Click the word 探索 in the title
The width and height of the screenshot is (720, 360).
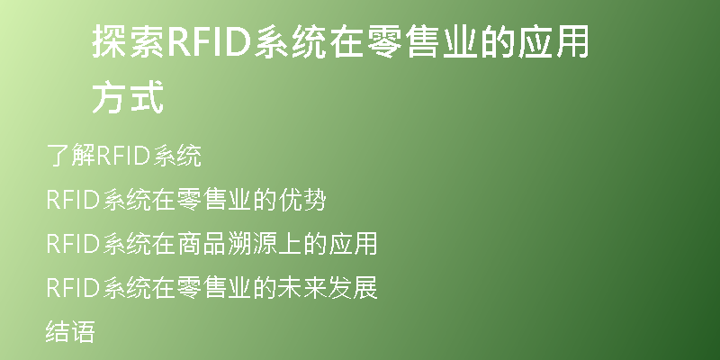click(129, 41)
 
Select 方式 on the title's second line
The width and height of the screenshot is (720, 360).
click(128, 97)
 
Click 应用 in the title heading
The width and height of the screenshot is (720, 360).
click(553, 41)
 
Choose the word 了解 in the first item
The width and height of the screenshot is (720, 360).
click(71, 155)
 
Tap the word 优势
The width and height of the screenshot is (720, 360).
click(302, 200)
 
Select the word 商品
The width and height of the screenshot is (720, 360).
click(201, 243)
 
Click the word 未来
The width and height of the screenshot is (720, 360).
click(302, 287)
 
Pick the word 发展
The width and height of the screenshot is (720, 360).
click(353, 287)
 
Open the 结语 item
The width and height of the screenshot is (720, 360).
click(71, 331)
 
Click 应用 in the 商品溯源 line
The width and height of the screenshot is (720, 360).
click(353, 243)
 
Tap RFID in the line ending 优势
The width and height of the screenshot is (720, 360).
click(74, 201)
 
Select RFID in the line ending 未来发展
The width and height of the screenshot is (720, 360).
click(74, 288)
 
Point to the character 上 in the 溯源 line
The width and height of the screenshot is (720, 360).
click(289, 243)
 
